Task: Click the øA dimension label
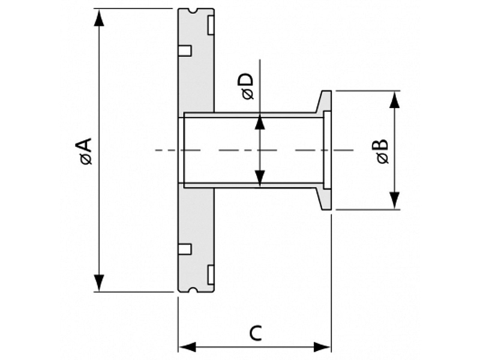[86, 151]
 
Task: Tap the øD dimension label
[248, 86]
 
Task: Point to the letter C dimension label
[256, 334]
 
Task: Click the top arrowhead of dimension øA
[99, 18]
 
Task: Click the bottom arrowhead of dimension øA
[99, 283]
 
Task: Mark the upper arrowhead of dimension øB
[395, 100]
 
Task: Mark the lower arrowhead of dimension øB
[395, 201]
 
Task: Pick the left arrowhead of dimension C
[187, 347]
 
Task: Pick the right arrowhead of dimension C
[322, 347]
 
